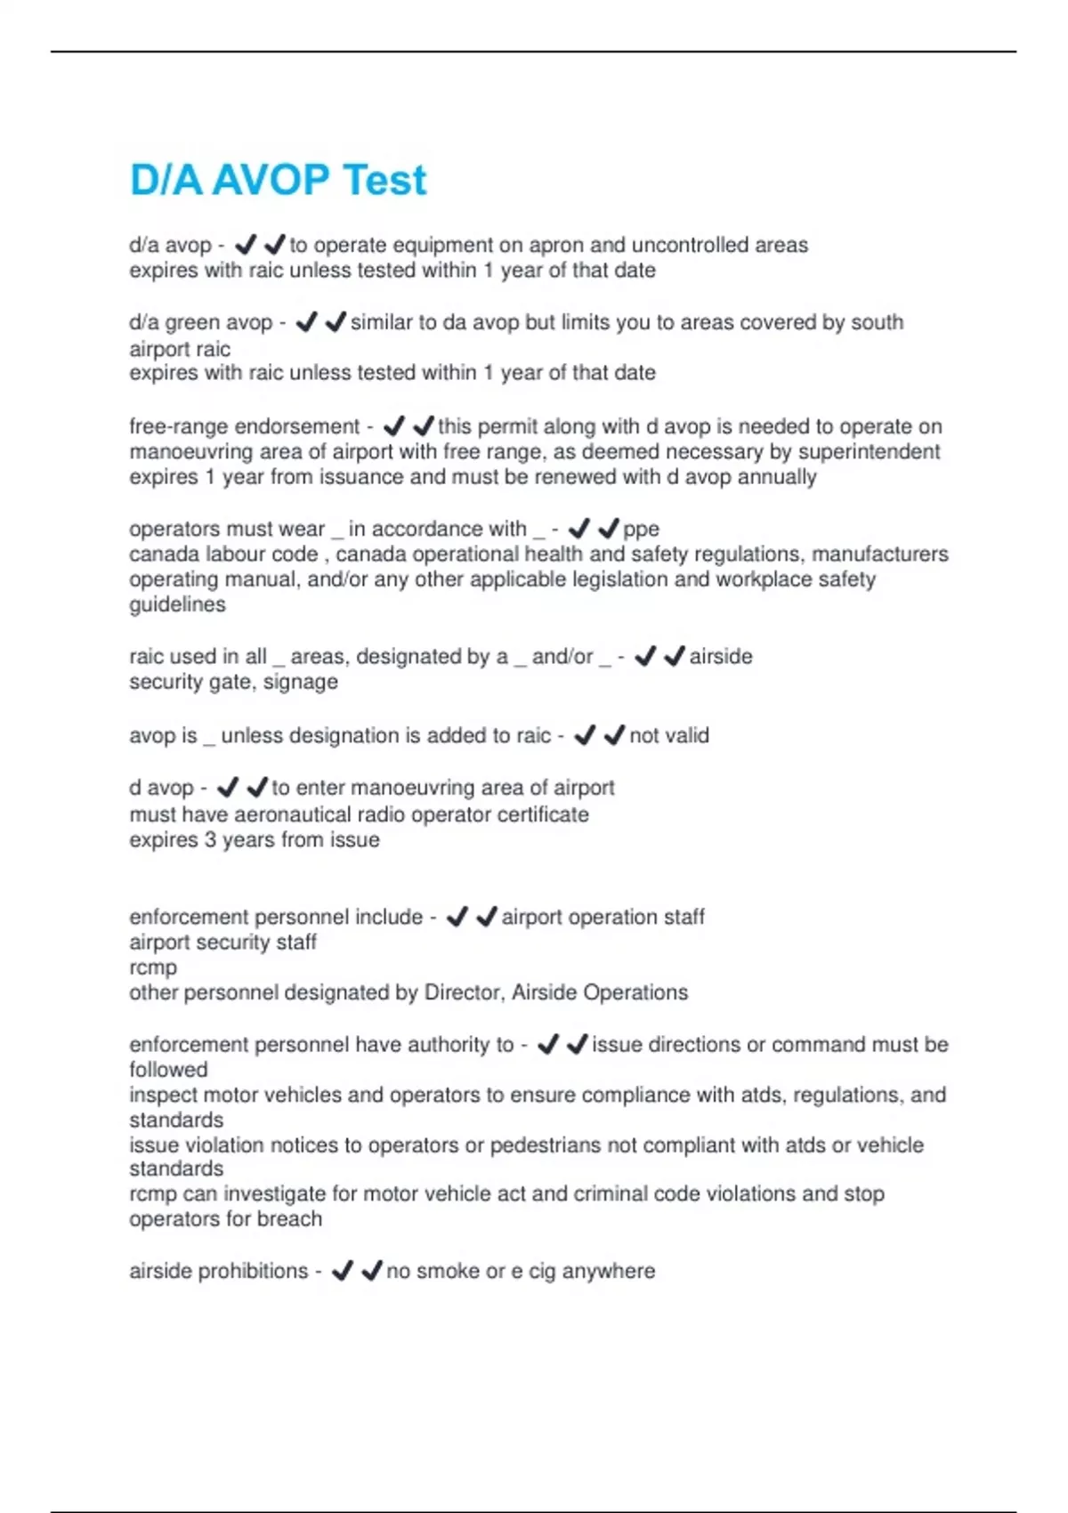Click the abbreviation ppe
click(641, 530)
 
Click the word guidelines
click(177, 604)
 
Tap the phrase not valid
click(669, 736)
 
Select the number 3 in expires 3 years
click(210, 840)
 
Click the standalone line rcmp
click(153, 967)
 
